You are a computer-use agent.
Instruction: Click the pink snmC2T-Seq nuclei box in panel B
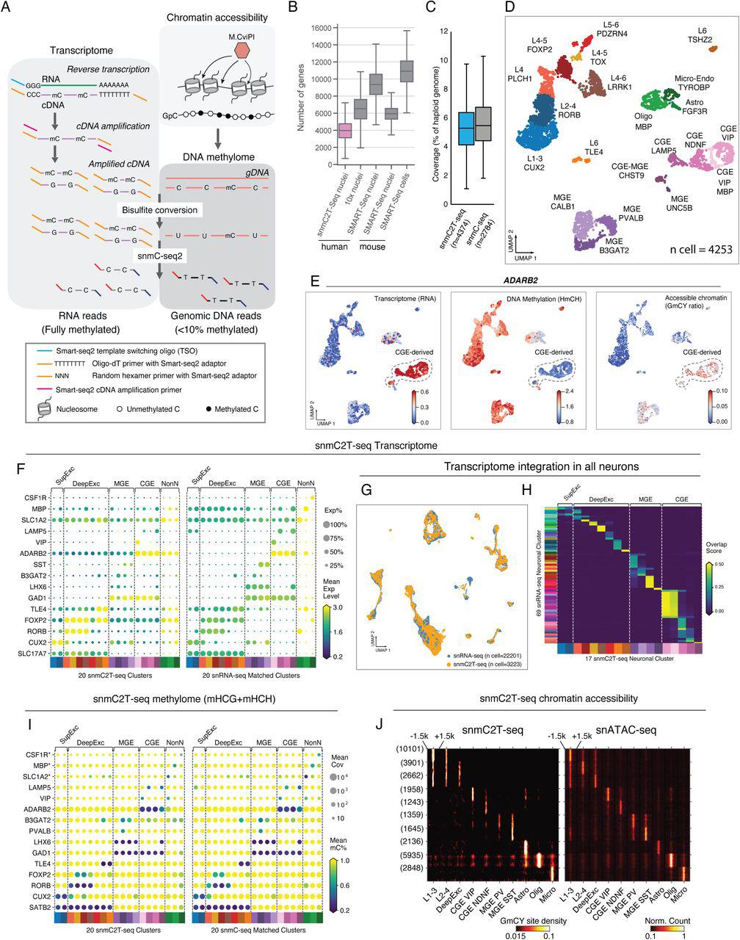tap(324, 131)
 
